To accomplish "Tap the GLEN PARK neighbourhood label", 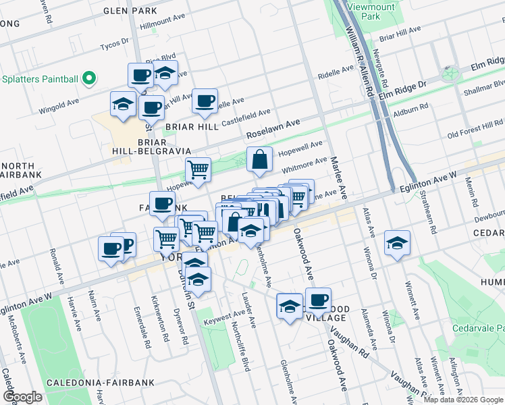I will [x=130, y=11].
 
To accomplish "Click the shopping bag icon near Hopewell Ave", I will [x=259, y=160].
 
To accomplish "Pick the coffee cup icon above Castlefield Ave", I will [x=205, y=101].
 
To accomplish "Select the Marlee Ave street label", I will [x=338, y=178].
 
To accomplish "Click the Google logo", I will [x=22, y=396].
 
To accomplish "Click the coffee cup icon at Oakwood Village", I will [x=318, y=299].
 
